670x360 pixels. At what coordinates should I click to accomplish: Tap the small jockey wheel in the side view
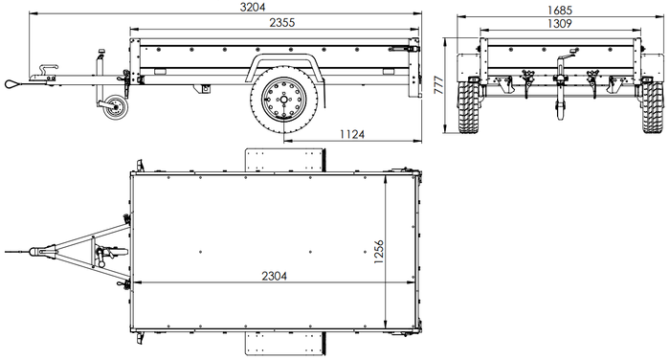115,107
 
